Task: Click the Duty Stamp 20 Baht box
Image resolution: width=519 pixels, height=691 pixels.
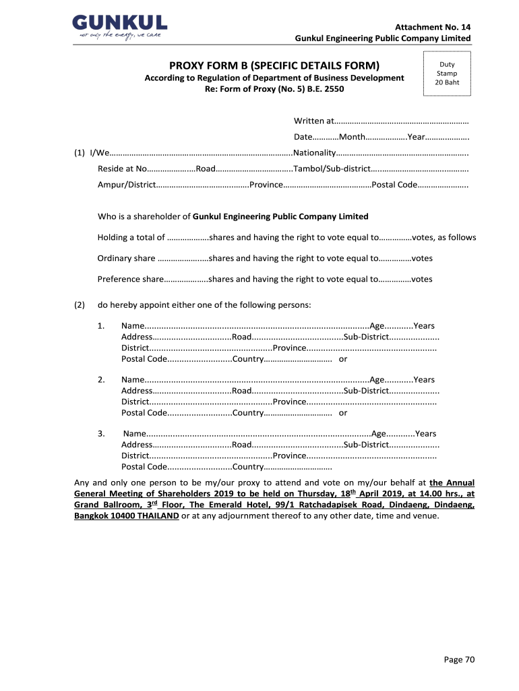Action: (446, 74)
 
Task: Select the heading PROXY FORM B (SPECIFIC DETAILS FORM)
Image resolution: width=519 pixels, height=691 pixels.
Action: (274, 65)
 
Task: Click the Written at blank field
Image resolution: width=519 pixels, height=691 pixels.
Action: (402, 121)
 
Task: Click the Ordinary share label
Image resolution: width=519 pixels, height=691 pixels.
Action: (127, 258)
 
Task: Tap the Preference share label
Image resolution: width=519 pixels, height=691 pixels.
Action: (130, 279)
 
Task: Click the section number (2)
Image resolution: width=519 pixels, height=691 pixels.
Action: (80, 305)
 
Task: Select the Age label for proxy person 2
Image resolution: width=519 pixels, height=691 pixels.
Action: (377, 379)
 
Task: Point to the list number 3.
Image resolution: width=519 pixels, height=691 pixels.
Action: (100, 433)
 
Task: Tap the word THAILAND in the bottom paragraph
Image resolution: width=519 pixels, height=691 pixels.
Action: (156, 516)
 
